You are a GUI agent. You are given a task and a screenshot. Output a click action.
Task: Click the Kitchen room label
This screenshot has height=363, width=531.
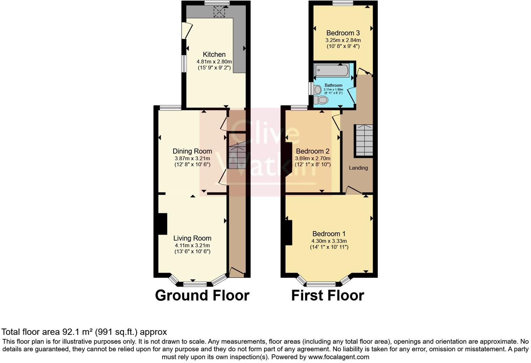tap(214, 54)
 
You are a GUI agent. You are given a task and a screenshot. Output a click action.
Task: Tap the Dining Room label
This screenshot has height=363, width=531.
tap(192, 151)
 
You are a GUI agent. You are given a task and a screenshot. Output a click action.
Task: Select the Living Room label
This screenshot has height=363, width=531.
tap(192, 238)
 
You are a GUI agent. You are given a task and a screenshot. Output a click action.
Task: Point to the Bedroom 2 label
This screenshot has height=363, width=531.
tap(312, 151)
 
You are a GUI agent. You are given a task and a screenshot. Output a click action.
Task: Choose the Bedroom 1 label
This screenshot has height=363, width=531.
tap(329, 234)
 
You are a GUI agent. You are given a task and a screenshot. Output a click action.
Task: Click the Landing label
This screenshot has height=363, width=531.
tap(358, 168)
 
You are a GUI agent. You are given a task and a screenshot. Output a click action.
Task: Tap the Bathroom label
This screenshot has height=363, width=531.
tap(333, 85)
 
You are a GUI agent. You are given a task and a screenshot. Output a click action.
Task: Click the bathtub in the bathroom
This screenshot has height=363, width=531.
tap(332, 71)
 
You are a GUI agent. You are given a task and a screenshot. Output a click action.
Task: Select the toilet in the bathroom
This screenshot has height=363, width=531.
tap(321, 100)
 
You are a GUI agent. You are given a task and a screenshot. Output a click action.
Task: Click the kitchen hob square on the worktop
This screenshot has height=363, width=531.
tap(219, 12)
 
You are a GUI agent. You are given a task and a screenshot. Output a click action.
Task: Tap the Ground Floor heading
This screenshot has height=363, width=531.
tap(202, 295)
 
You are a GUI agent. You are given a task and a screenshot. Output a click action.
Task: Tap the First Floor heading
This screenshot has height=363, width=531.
tap(327, 295)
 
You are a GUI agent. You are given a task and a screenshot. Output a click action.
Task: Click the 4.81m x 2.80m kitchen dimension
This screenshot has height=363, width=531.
tap(214, 61)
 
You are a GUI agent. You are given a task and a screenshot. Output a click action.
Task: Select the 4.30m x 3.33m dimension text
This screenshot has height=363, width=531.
tap(329, 241)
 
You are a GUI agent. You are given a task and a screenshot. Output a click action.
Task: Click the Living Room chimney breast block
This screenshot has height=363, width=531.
tap(162, 224)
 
